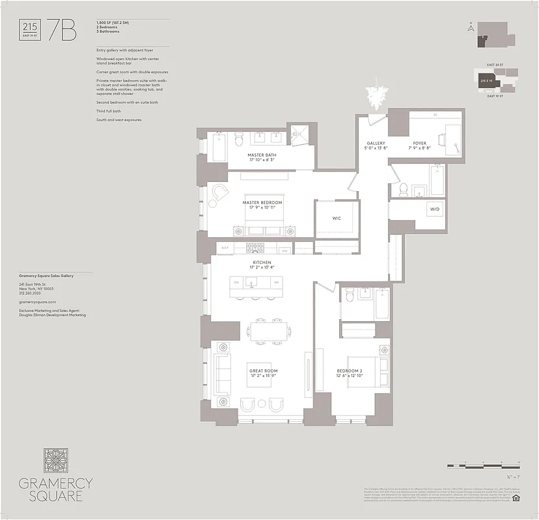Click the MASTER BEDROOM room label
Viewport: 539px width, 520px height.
tap(262, 203)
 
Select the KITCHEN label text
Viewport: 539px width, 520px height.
tap(262, 263)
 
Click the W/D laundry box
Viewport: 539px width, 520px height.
tap(434, 209)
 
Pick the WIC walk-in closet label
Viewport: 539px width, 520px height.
tap(337, 218)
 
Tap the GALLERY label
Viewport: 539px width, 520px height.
tap(376, 143)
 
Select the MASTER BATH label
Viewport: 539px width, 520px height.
tap(261, 156)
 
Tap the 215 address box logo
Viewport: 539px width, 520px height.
tap(30, 29)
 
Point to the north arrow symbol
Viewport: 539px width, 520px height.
tap(469, 27)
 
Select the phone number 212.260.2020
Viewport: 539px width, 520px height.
tap(31, 293)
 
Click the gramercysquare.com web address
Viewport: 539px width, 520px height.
tap(37, 302)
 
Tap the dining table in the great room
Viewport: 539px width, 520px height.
tap(268, 330)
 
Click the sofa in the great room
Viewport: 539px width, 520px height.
tap(223, 375)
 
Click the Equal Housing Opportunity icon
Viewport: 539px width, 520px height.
tap(516, 499)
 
